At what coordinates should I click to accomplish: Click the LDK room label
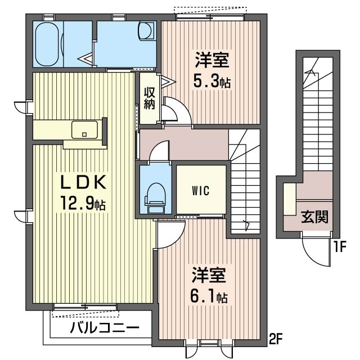click(x=83, y=183)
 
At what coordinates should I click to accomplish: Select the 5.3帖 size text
click(x=211, y=82)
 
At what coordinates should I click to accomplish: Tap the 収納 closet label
click(x=148, y=98)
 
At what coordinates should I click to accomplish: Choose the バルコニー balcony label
click(x=105, y=328)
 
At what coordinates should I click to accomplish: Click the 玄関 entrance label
click(x=314, y=217)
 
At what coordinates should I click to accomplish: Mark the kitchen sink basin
click(x=85, y=130)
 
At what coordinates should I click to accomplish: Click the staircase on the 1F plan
click(x=318, y=112)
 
